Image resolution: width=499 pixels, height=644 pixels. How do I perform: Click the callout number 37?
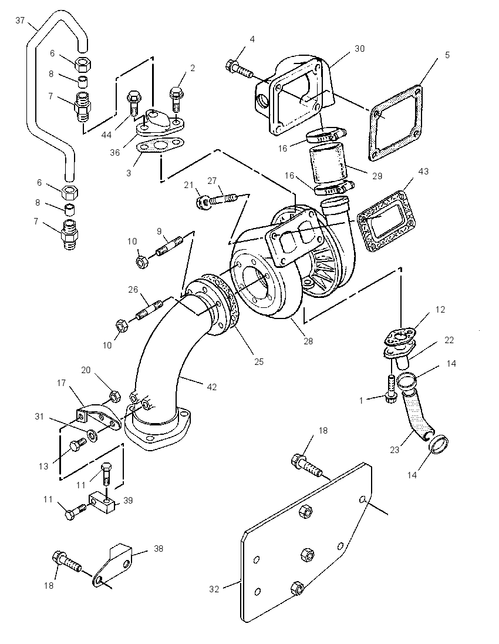pyautogui.click(x=20, y=20)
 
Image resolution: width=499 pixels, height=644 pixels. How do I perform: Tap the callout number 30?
pyautogui.click(x=359, y=48)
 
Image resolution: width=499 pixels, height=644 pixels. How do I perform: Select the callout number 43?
pyautogui.click(x=423, y=171)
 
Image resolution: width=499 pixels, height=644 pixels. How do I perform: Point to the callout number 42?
pyautogui.click(x=212, y=387)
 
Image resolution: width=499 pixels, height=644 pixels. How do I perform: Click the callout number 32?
pyautogui.click(x=214, y=589)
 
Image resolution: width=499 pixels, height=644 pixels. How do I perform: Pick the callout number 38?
pyautogui.click(x=159, y=548)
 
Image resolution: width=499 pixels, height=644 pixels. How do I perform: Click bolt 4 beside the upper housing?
pyautogui.click(x=240, y=70)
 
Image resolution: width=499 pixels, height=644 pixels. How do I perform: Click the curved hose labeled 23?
pyautogui.click(x=417, y=414)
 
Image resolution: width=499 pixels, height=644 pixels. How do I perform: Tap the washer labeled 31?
pyautogui.click(x=92, y=434)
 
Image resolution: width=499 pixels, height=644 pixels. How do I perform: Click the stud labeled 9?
pyautogui.click(x=167, y=246)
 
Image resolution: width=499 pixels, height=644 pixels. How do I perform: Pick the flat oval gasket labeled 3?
pyautogui.click(x=159, y=147)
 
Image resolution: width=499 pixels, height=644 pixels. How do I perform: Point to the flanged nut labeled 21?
pyautogui.click(x=201, y=202)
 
